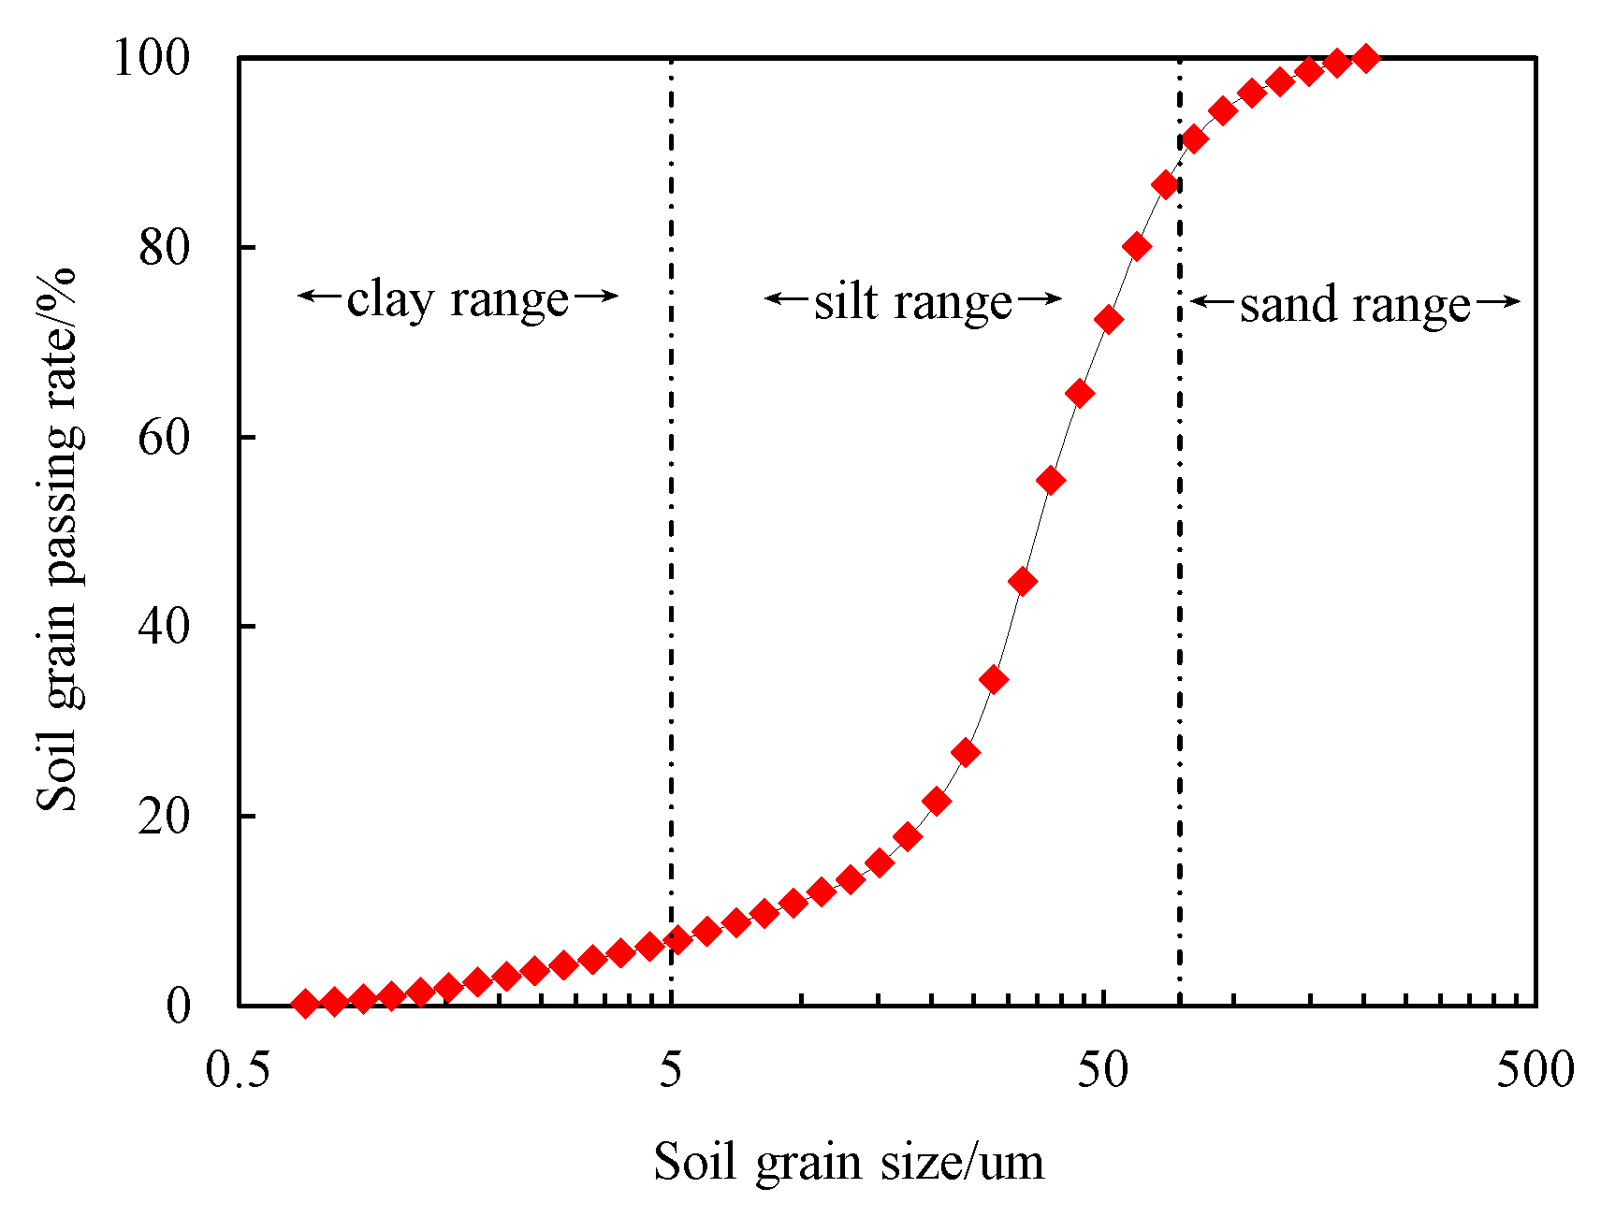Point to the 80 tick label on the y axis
pos(164,248)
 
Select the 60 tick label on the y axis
pos(164,438)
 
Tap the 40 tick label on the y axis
pos(164,627)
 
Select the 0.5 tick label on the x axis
pos(238,1070)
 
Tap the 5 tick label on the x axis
pos(670,1070)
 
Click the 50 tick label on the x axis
pos(1102,1070)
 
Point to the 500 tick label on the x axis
pos(1535,1070)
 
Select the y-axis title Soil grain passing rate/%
pos(58,539)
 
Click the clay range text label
pos(458,299)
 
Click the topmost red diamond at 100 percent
pos(1366,58)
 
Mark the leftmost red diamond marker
pos(305,1004)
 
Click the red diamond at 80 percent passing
pos(1137,247)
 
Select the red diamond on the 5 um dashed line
pos(678,939)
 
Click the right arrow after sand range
pos(1497,301)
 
